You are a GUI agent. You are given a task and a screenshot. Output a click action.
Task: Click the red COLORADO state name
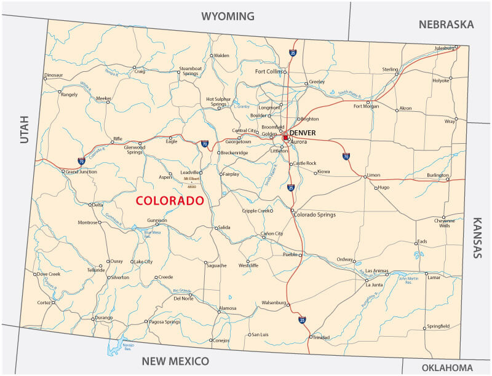169,201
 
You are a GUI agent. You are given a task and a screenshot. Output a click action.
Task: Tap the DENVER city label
303,133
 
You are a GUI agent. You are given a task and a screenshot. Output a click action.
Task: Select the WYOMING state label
228,16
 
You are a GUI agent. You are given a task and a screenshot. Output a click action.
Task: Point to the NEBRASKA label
446,25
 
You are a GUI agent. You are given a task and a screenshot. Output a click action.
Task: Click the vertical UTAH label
24,130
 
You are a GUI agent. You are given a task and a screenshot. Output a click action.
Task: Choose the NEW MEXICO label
175,361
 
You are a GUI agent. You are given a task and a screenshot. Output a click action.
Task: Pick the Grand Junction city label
81,172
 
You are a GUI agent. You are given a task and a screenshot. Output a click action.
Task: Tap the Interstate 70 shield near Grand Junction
81,161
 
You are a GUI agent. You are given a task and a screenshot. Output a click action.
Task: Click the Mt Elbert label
192,179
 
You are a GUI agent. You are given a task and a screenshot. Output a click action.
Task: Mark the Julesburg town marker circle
456,47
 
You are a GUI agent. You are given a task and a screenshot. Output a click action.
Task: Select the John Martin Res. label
409,281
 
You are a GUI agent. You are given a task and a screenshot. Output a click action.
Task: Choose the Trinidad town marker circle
309,337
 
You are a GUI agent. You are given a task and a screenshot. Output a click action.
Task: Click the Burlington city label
438,175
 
